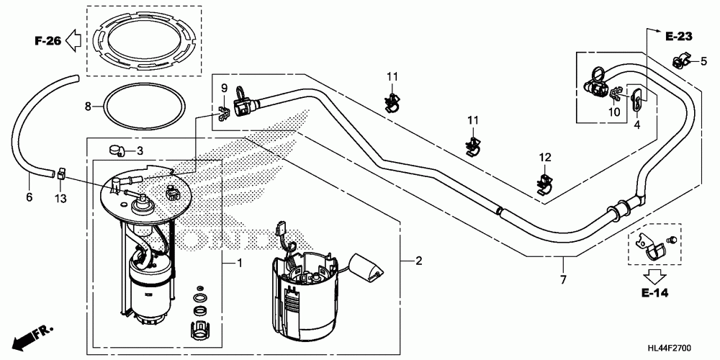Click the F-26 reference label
(x=48, y=41)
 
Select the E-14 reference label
(x=654, y=292)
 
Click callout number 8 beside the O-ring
(x=88, y=107)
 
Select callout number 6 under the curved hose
(x=30, y=197)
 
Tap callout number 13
(x=60, y=199)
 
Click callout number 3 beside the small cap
(x=140, y=150)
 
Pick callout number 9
(x=224, y=87)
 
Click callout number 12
(x=544, y=158)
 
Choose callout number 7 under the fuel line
(x=563, y=279)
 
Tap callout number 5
(x=703, y=61)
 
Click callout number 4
(x=637, y=124)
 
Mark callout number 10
(x=614, y=112)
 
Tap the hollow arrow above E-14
(x=654, y=275)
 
